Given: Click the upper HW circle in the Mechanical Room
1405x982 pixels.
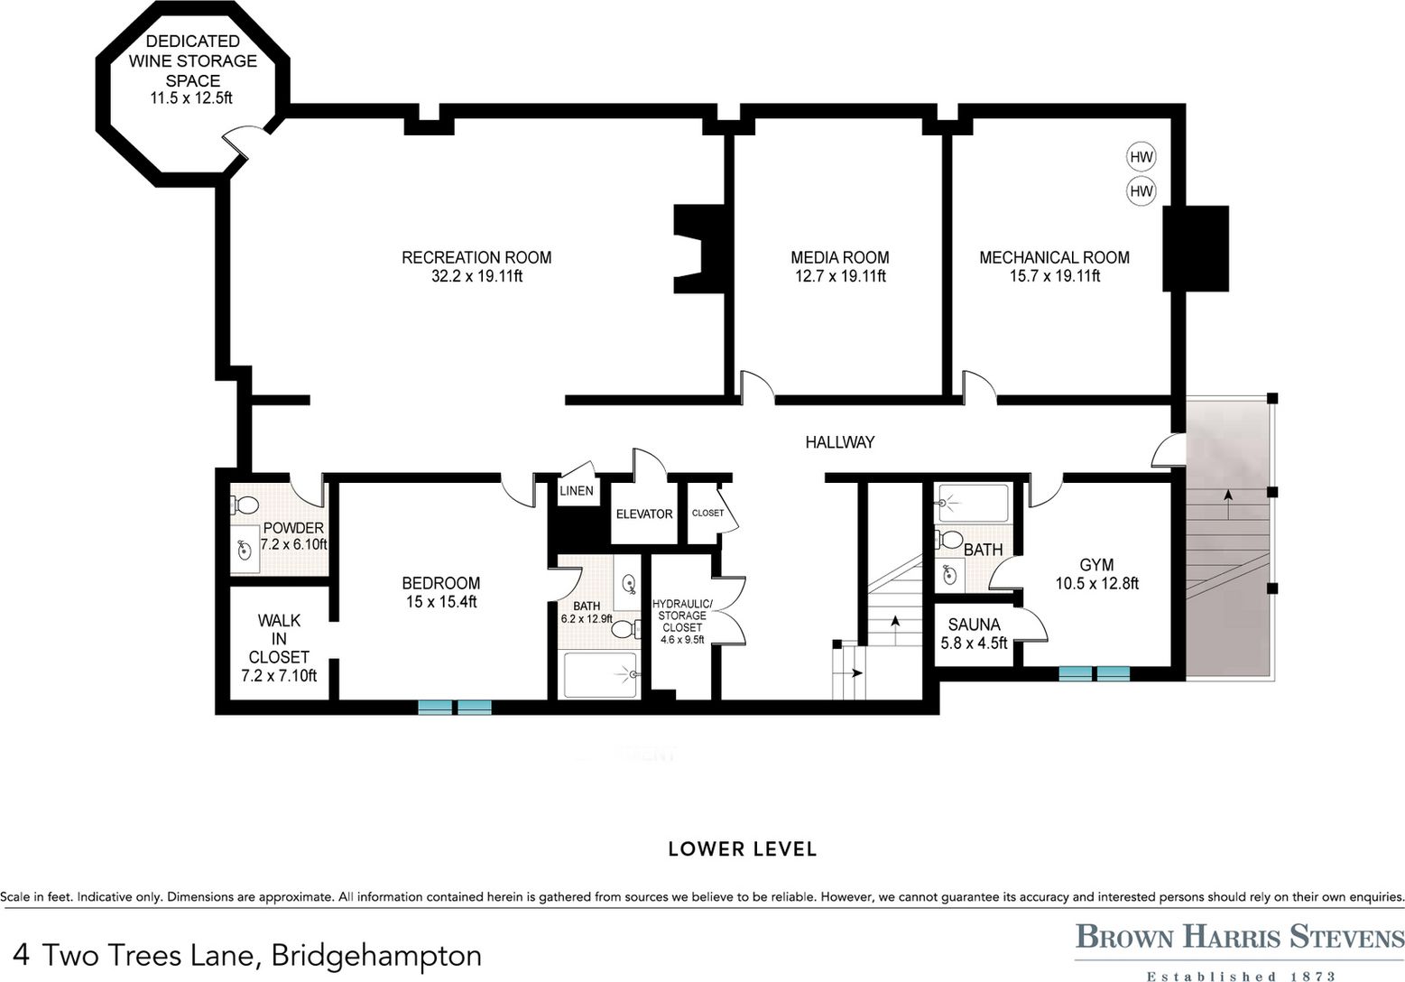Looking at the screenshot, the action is tap(1141, 157).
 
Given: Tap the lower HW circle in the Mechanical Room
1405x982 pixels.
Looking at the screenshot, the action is tap(1141, 190).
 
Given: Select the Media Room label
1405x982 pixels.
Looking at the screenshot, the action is tap(840, 257).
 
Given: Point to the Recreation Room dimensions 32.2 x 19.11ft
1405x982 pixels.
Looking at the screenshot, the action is tap(476, 276).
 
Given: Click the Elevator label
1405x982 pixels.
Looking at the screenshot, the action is tap(644, 514).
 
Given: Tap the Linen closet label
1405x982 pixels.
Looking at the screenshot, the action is tap(577, 491).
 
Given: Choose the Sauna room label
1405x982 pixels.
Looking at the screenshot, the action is tap(974, 625).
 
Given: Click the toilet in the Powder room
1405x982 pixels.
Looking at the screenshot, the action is tap(245, 504).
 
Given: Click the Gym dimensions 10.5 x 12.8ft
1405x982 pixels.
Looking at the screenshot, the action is tap(1097, 584).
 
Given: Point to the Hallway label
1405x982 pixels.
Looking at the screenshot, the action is tap(840, 442).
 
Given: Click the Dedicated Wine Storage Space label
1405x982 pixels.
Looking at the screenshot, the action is tap(192, 60).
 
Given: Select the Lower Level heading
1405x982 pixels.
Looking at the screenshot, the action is tap(743, 849).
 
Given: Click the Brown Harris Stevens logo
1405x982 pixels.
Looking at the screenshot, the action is tap(1239, 951).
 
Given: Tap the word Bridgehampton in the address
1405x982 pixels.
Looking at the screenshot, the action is tap(376, 956).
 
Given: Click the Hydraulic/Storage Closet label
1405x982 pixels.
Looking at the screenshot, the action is tap(682, 616).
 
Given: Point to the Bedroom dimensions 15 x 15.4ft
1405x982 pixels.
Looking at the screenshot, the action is tap(441, 602).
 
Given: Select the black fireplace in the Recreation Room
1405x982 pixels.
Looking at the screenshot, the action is tap(701, 248).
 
